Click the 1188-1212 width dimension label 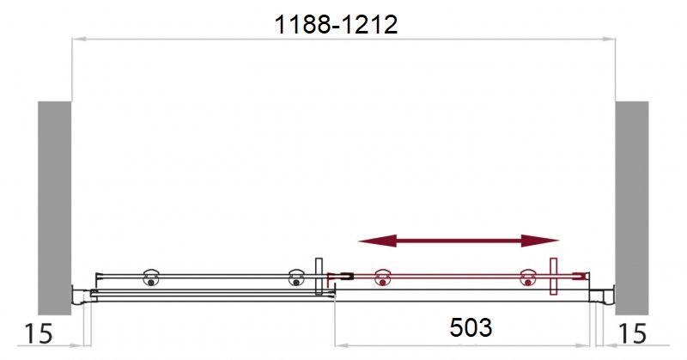pos(336,25)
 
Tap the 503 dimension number pos(471,327)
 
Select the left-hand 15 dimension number pos(39,333)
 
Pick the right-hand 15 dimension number pos(632,333)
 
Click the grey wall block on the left pos(54,208)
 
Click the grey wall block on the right pos(632,208)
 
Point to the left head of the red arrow pos(377,241)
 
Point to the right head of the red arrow pos(540,241)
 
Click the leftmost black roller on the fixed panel pos(151,278)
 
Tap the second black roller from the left pos(296,278)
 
